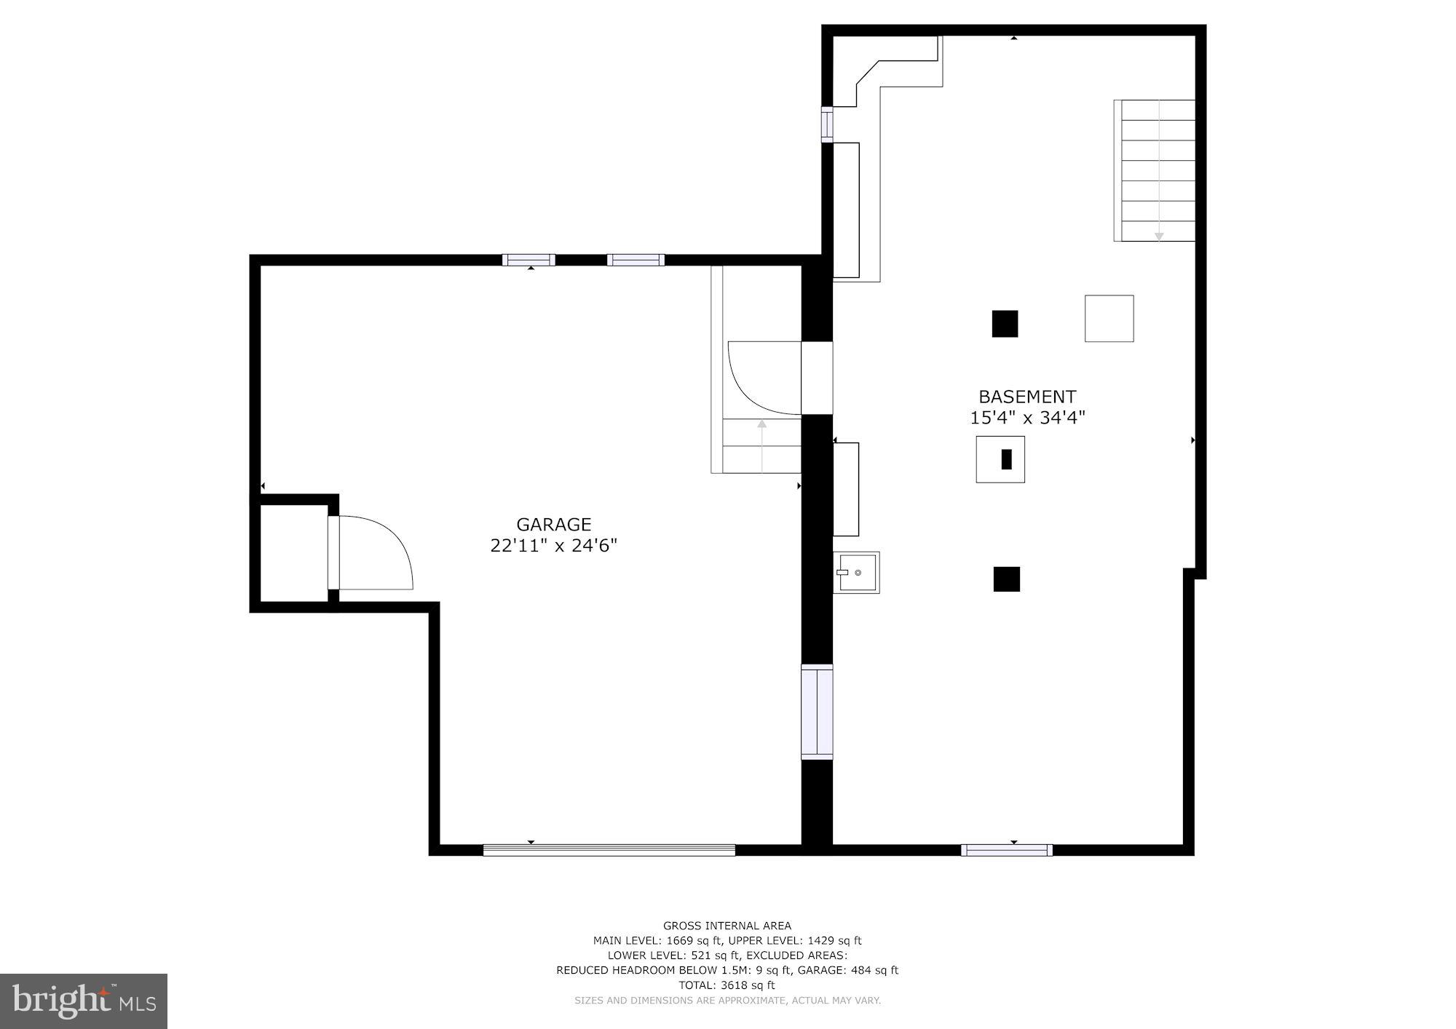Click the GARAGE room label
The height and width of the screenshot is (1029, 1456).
(553, 524)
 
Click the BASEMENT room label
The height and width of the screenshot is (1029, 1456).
(1026, 397)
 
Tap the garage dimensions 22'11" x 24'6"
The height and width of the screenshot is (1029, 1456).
(553, 546)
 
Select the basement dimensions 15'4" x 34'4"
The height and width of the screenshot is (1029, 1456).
(1027, 418)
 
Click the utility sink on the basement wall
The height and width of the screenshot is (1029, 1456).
(856, 573)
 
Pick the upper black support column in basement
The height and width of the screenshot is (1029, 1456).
(1005, 324)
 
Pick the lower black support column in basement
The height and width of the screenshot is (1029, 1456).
(1006, 579)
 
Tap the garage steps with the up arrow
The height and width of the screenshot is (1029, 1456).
(762, 445)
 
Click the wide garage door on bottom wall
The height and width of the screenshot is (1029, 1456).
(609, 849)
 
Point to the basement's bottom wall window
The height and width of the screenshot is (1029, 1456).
(1006, 850)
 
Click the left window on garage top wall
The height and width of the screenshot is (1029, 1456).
(529, 260)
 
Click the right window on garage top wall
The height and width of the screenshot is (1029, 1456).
(636, 260)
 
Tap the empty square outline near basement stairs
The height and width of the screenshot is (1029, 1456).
(1109, 318)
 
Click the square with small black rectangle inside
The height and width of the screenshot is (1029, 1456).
(1000, 459)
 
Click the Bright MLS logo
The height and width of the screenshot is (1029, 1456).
(84, 1001)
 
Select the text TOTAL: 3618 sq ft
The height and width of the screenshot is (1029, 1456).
(727, 985)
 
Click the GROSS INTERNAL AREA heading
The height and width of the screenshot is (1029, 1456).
(727, 926)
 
